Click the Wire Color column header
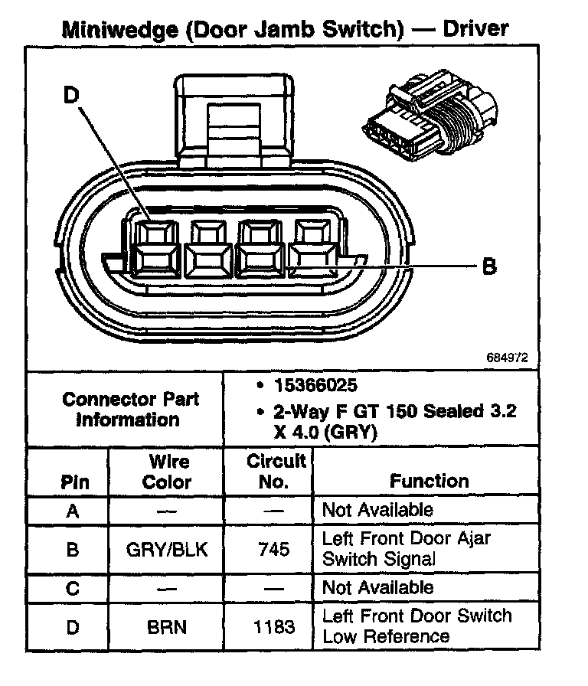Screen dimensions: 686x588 [x=168, y=472]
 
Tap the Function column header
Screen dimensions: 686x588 [x=429, y=481]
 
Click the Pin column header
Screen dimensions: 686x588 [x=73, y=482]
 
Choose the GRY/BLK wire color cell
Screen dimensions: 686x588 [x=167, y=549]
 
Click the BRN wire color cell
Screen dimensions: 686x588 [x=167, y=627]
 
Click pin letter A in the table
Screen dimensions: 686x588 [x=73, y=511]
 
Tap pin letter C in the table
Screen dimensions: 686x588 [x=73, y=588]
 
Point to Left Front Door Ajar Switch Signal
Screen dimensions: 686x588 [x=406, y=548]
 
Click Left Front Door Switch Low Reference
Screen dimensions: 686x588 [x=416, y=626]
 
